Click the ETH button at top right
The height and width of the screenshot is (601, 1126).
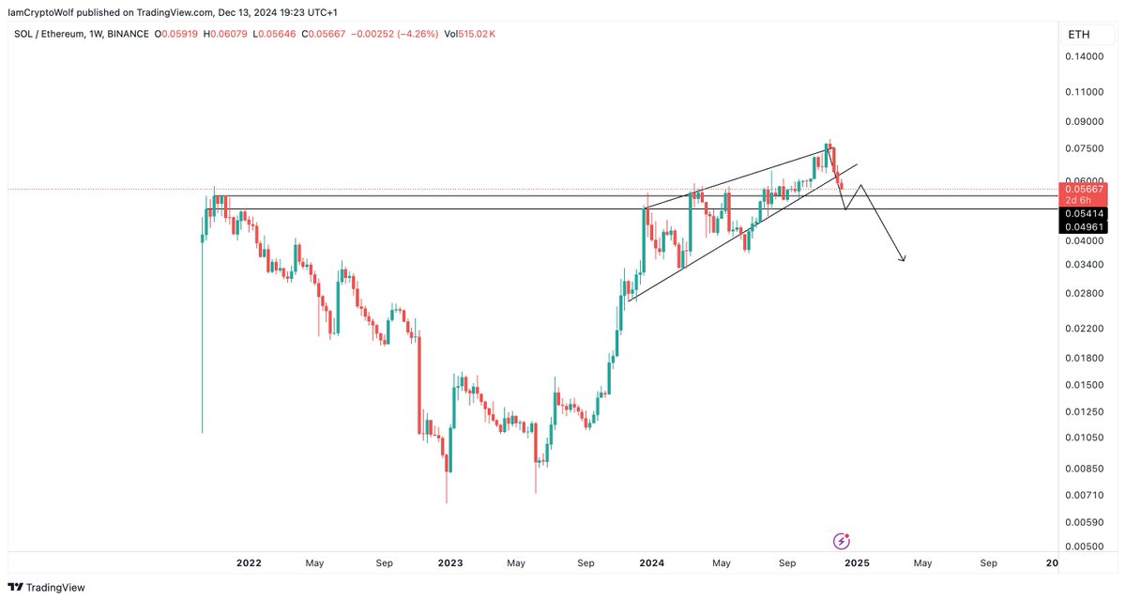(x=1077, y=35)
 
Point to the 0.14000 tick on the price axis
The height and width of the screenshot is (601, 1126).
(x=1083, y=57)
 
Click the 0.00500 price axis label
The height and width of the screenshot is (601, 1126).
(x=1083, y=546)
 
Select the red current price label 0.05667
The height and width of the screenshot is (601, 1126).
(x=1083, y=188)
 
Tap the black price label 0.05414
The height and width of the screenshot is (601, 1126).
(x=1083, y=214)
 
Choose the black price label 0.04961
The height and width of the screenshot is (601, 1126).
(x=1083, y=226)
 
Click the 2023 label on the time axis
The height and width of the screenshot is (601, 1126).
(x=450, y=563)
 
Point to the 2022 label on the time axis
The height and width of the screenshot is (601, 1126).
(x=249, y=563)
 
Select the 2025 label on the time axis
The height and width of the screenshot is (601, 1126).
(x=856, y=563)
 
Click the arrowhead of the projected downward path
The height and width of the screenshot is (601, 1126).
(x=903, y=259)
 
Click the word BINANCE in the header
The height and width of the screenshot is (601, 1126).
(x=126, y=34)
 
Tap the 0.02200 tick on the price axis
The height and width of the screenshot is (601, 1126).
(x=1083, y=328)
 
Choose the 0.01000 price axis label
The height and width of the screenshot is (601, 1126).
(x=1083, y=438)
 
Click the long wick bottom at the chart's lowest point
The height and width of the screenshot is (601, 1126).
(x=447, y=501)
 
